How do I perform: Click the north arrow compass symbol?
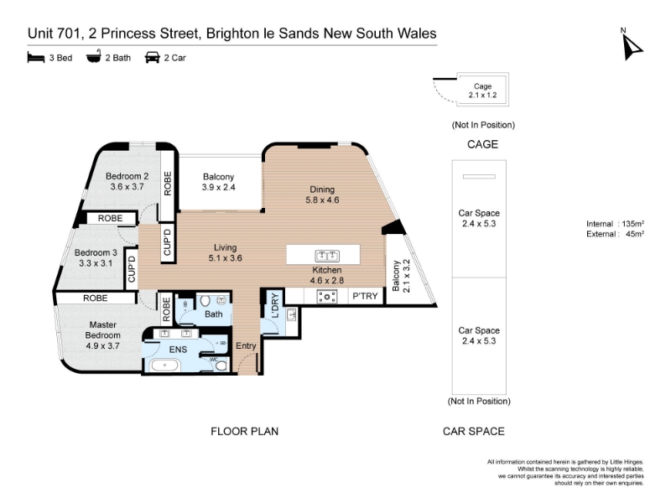(x=632, y=47)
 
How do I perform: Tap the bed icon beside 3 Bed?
(x=36, y=57)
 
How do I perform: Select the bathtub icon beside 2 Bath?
(x=94, y=56)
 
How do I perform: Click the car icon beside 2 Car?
(x=153, y=57)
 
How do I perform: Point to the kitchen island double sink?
(x=327, y=256)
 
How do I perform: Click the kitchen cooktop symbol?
(x=327, y=297)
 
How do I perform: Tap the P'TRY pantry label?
(x=365, y=296)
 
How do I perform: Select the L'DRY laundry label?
(x=274, y=305)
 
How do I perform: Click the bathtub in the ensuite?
(x=164, y=366)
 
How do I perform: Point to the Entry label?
(x=246, y=345)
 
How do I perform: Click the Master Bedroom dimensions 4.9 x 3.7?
(x=102, y=345)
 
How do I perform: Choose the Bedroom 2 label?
(x=127, y=176)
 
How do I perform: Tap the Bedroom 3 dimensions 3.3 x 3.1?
(x=96, y=263)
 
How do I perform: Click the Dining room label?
(x=322, y=189)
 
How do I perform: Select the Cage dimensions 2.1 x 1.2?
(x=482, y=95)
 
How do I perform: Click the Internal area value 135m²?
(x=633, y=224)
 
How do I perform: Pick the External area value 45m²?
(x=635, y=234)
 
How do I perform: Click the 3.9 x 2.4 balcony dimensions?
(x=218, y=187)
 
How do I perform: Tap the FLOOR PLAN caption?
(x=244, y=431)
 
